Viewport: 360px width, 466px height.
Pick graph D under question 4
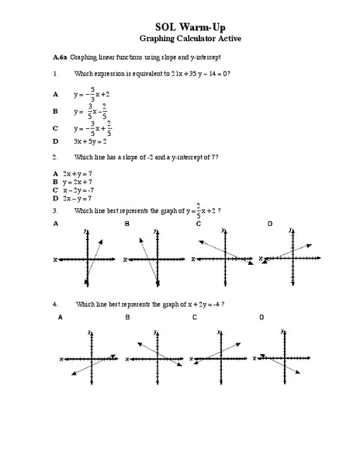click(x=288, y=357)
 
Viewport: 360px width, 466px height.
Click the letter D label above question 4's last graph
click(x=261, y=318)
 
